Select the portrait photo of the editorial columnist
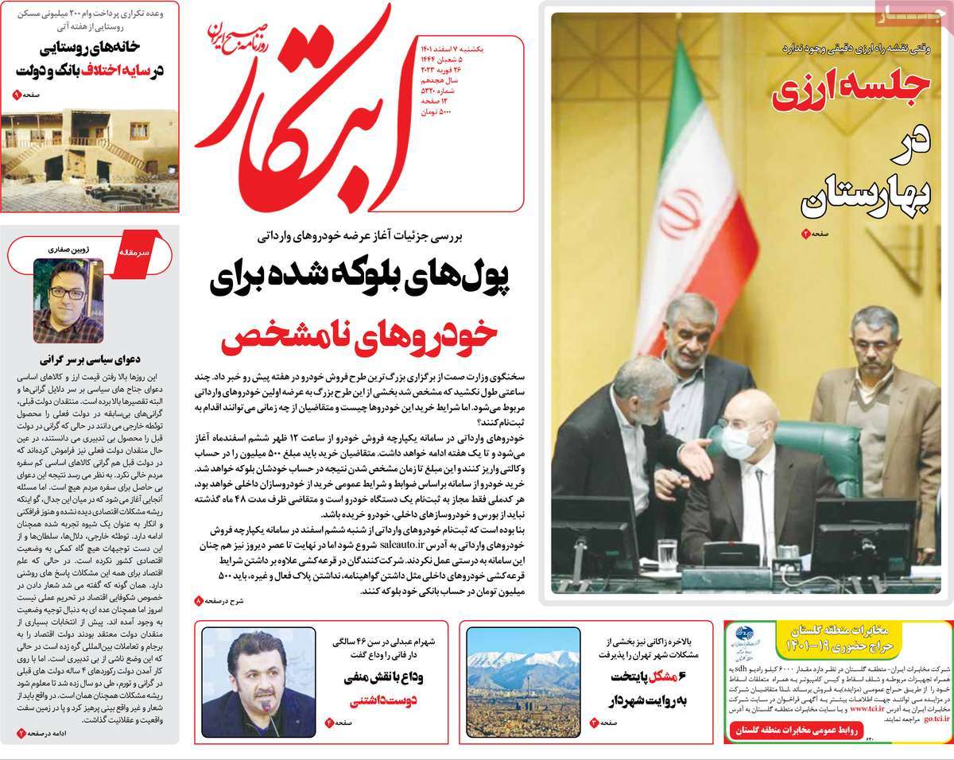click(x=58, y=301)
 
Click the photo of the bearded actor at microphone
click(x=253, y=682)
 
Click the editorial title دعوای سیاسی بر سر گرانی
click(x=95, y=358)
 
